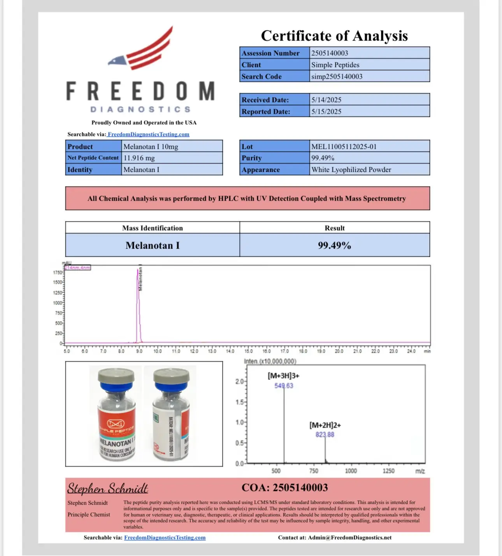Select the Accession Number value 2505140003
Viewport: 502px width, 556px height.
(330, 53)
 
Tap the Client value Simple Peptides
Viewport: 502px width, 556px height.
(335, 65)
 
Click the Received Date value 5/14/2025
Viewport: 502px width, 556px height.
(326, 100)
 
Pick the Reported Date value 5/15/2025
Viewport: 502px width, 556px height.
(326, 111)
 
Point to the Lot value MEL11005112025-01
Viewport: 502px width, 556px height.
(344, 147)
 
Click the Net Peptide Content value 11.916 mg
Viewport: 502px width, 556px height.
(139, 158)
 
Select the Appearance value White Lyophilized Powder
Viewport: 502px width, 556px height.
(351, 169)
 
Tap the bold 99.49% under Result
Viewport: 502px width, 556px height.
(334, 245)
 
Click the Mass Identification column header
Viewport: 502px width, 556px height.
(152, 228)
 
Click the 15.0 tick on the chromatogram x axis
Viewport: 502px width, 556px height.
(248, 351)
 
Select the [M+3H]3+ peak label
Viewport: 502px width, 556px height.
(283, 376)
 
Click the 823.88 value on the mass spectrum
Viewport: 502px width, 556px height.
(325, 434)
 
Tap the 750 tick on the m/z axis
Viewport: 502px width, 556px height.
(314, 471)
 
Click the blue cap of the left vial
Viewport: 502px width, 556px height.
(116, 386)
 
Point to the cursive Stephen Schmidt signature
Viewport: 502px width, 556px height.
(107, 488)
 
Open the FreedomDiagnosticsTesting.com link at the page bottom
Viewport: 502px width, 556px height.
(165, 538)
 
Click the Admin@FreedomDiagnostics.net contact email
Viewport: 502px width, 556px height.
(349, 538)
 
